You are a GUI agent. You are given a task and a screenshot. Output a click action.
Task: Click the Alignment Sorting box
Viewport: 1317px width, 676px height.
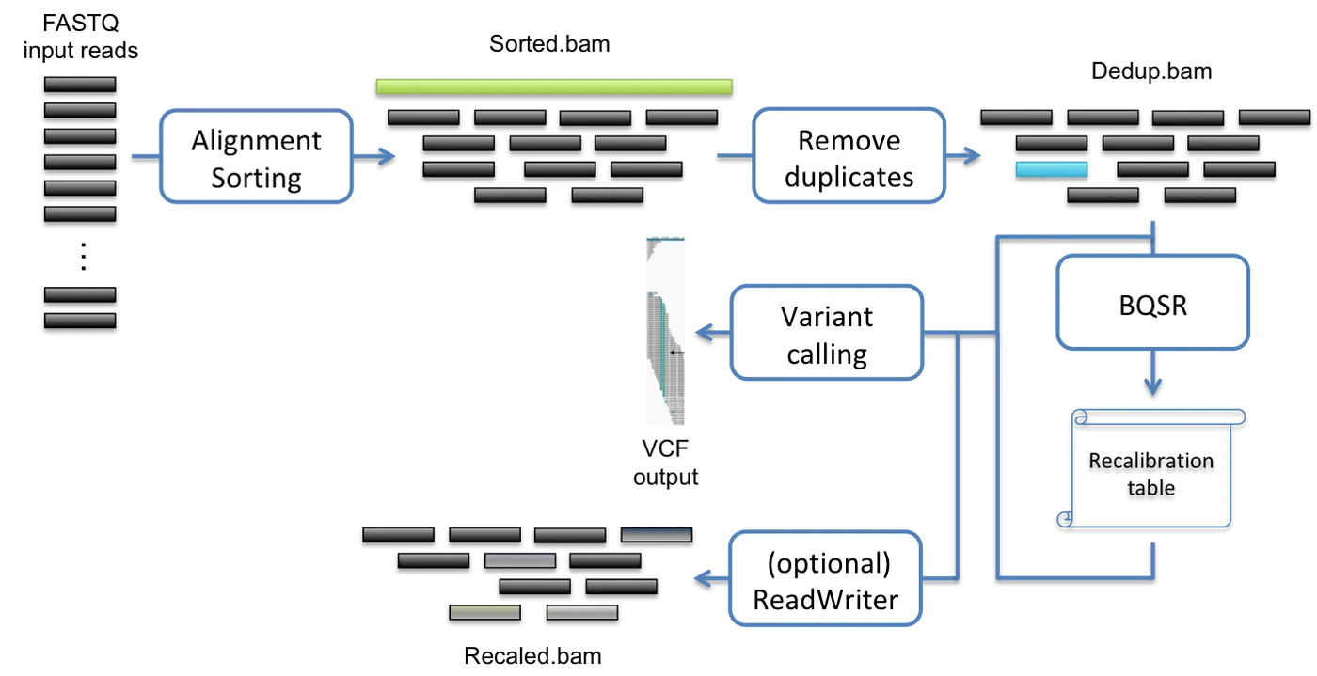tap(256, 157)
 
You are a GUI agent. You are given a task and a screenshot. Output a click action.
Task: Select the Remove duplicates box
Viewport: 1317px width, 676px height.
tap(849, 157)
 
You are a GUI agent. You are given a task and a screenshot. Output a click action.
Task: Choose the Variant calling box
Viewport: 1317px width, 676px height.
tap(827, 335)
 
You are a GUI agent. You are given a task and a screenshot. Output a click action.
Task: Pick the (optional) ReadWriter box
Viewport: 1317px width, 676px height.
tap(827, 580)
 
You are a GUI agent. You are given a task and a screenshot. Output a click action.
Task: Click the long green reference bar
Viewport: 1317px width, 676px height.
tap(554, 86)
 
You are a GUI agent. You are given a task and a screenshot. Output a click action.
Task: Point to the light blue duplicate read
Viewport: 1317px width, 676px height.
tap(1051, 169)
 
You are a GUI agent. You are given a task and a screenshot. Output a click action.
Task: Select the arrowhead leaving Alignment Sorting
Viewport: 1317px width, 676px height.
tap(388, 155)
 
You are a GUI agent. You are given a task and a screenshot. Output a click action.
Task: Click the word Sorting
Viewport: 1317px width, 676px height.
tap(256, 178)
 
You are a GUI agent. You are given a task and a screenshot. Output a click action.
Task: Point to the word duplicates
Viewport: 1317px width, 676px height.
tap(849, 177)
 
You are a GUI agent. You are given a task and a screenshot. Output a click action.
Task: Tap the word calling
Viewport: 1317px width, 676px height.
tap(827, 354)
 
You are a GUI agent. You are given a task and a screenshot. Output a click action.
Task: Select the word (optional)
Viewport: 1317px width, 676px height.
tap(828, 563)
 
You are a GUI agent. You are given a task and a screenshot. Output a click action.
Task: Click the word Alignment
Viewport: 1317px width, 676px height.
tap(256, 140)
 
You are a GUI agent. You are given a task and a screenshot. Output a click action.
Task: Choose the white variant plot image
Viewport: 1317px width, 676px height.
tap(666, 331)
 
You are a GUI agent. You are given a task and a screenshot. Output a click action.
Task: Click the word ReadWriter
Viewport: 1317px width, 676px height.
tap(826, 600)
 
